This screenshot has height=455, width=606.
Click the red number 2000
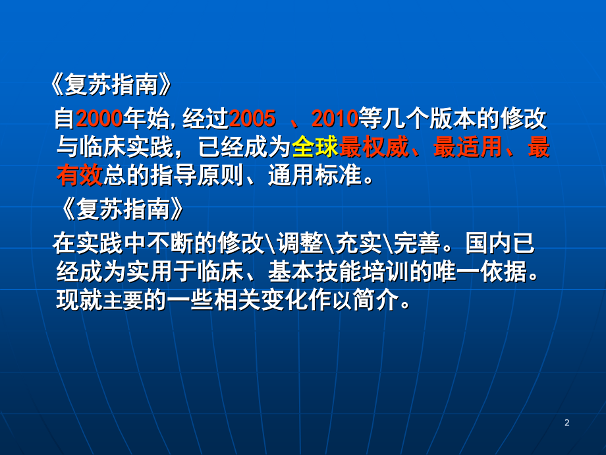99,119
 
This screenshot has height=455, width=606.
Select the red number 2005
252,119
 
